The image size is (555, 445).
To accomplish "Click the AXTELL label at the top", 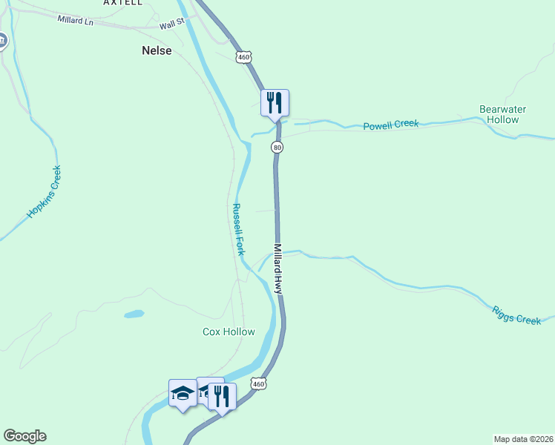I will [123, 3].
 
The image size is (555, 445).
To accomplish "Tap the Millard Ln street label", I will [75, 19].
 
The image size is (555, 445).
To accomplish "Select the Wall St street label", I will [171, 25].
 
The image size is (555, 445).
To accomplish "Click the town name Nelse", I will [157, 51].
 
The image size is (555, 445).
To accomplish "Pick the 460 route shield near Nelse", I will [244, 57].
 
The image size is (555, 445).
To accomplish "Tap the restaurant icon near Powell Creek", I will [275, 102].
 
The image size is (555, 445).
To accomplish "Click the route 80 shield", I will [277, 148].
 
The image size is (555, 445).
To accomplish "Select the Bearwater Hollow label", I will [502, 114].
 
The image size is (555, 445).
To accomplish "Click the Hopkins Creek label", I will [43, 192].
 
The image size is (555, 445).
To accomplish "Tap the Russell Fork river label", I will [238, 229].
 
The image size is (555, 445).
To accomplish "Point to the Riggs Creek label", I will [516, 314].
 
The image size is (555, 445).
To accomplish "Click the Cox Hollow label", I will [229, 332].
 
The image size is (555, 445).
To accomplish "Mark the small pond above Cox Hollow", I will [134, 314].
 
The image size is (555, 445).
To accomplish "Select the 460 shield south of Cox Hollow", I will [257, 383].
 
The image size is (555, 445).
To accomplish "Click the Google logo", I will [24, 436].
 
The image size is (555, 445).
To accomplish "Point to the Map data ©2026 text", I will [523, 438].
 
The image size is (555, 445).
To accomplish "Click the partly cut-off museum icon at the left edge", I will [2, 40].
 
